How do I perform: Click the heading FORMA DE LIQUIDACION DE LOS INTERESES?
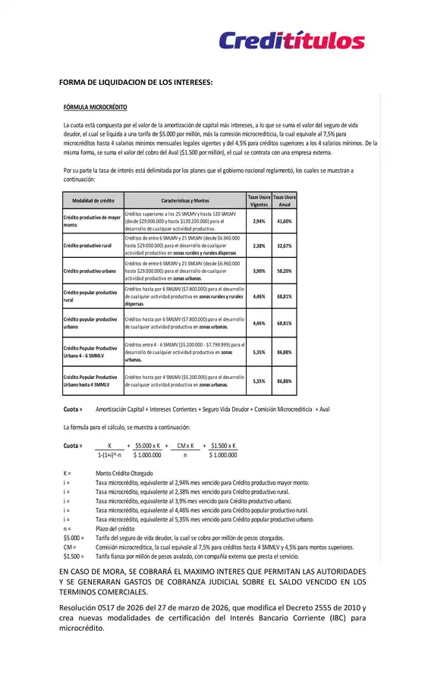(x=136, y=82)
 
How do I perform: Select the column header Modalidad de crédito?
(x=93, y=200)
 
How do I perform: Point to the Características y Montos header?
(x=185, y=200)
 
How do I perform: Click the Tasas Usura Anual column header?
(x=285, y=200)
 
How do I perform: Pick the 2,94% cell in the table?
(x=259, y=221)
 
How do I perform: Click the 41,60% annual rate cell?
(x=285, y=221)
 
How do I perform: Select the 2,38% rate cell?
(x=259, y=246)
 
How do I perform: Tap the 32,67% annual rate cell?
(x=285, y=246)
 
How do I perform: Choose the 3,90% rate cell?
(x=259, y=271)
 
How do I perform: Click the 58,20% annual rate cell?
(x=285, y=271)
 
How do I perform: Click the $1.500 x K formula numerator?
(x=222, y=445)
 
